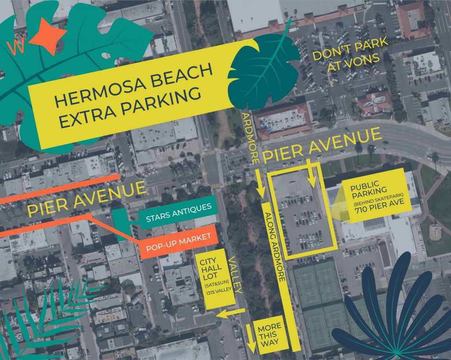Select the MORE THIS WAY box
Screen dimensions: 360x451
point(270,338)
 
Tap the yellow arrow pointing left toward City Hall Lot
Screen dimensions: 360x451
point(231,313)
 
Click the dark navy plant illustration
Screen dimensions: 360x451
point(388,317)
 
